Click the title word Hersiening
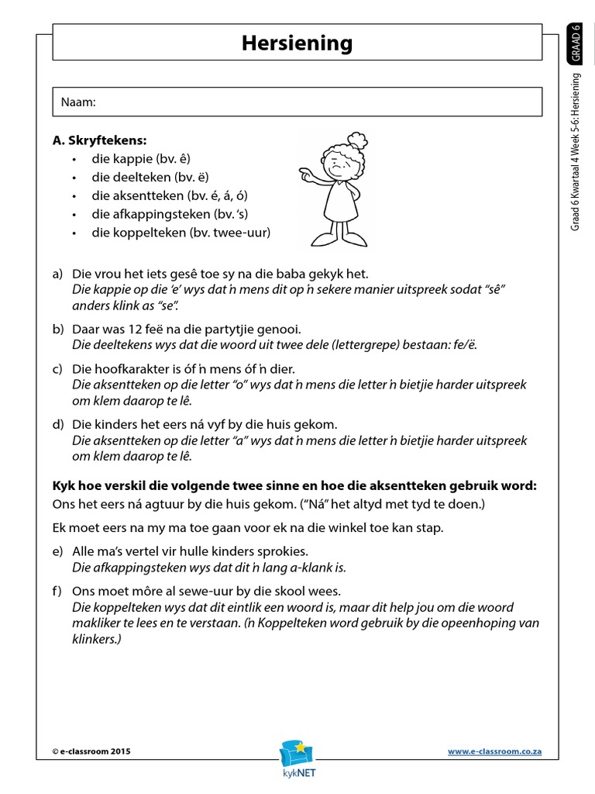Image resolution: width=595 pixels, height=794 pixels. pos(297,43)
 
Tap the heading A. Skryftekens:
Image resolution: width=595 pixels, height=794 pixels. pos(99,140)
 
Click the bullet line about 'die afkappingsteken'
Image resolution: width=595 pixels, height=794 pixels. pos(170,214)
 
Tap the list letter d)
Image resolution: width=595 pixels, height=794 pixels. pos(57,425)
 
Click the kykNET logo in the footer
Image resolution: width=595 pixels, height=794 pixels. pos(297,757)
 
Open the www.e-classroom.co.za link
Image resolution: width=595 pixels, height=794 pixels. pos(494,751)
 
